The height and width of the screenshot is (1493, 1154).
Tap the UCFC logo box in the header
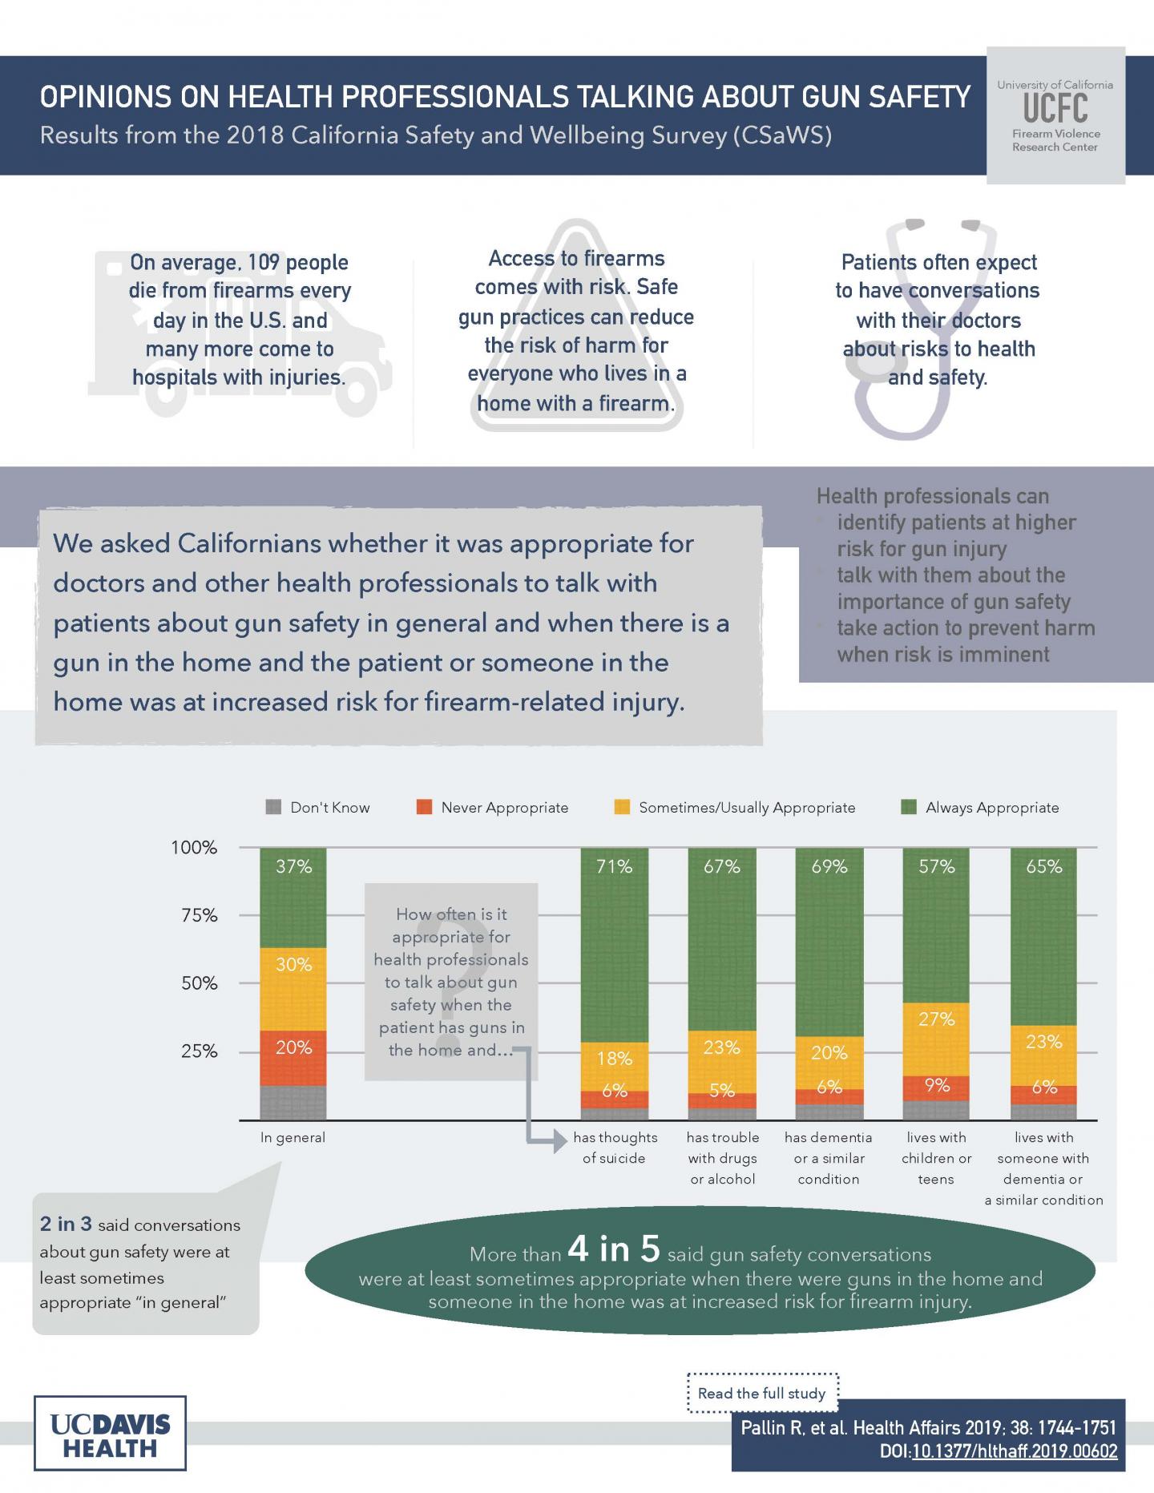(1055, 115)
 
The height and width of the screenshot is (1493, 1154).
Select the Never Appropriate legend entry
(492, 808)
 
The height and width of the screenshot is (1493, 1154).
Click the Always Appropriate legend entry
(981, 808)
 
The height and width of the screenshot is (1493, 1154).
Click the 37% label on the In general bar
(293, 866)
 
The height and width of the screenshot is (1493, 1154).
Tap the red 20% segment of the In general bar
(293, 1056)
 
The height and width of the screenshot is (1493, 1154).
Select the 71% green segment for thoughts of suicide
(614, 946)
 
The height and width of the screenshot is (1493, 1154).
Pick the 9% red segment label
(936, 1085)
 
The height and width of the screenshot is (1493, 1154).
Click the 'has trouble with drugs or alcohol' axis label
(722, 1158)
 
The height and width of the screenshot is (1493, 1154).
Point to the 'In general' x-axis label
(293, 1137)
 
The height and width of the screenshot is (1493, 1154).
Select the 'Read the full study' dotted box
(762, 1394)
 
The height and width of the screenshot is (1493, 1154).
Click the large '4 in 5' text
(613, 1248)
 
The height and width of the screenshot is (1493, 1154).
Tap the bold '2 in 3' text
(66, 1225)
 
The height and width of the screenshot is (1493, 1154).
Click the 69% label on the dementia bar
(829, 866)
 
